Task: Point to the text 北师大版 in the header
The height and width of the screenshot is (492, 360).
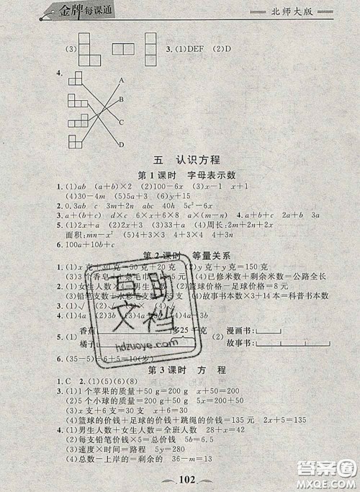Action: tap(291, 12)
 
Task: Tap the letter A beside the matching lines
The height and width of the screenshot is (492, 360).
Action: tap(123, 79)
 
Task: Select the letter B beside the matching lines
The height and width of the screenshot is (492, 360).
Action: tap(123, 99)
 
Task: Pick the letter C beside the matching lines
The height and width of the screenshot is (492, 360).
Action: tap(122, 122)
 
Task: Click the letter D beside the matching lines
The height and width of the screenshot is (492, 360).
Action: tap(122, 143)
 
